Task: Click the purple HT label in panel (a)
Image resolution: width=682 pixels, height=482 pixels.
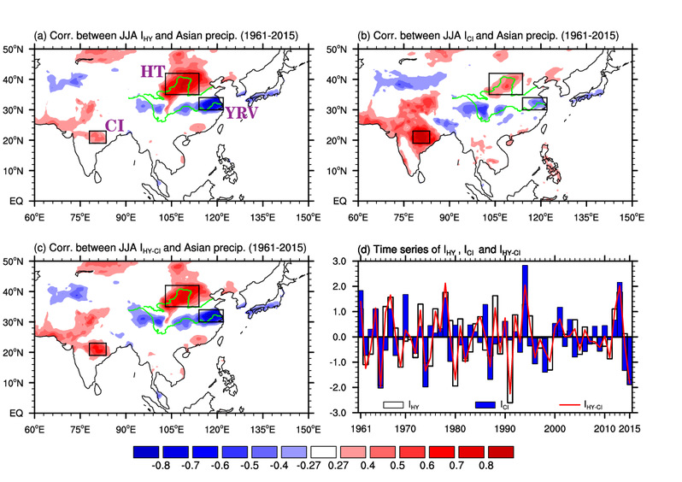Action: click(153, 71)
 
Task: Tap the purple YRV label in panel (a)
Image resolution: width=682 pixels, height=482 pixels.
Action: click(241, 113)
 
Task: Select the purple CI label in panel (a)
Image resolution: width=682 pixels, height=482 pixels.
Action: click(115, 126)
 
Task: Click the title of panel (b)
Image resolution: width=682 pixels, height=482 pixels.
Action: click(488, 36)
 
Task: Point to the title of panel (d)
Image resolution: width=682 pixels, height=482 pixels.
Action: click(439, 250)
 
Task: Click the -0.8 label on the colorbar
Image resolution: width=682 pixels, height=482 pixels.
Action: click(160, 466)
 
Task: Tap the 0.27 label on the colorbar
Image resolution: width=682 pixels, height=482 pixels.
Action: click(338, 466)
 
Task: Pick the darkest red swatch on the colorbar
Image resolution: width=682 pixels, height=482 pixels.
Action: click(501, 452)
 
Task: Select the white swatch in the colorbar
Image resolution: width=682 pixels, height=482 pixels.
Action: click(324, 452)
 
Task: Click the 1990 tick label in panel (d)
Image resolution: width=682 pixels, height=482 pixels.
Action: click(505, 429)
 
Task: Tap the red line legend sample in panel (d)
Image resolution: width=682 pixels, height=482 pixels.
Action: click(570, 405)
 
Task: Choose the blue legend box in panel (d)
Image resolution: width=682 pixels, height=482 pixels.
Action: click(485, 405)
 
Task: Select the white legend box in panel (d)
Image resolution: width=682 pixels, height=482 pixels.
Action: click(393, 405)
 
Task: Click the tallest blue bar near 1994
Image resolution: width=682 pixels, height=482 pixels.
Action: click(525, 301)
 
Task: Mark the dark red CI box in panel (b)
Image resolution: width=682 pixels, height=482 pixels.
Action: click(421, 137)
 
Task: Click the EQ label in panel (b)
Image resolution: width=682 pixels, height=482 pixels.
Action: click(340, 201)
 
